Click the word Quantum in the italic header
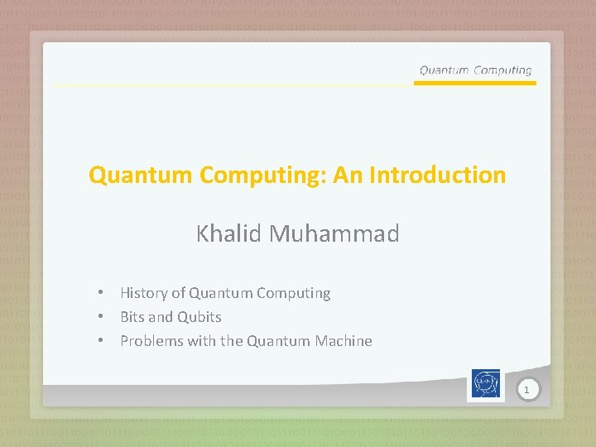[444, 70]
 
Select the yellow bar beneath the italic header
[474, 83]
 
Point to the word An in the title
[348, 175]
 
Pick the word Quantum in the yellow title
[142, 175]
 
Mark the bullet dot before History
[99, 293]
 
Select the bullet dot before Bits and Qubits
[99, 317]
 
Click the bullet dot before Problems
[99, 341]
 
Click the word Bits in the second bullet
[132, 317]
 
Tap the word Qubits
[199, 317]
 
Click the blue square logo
[486, 385]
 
